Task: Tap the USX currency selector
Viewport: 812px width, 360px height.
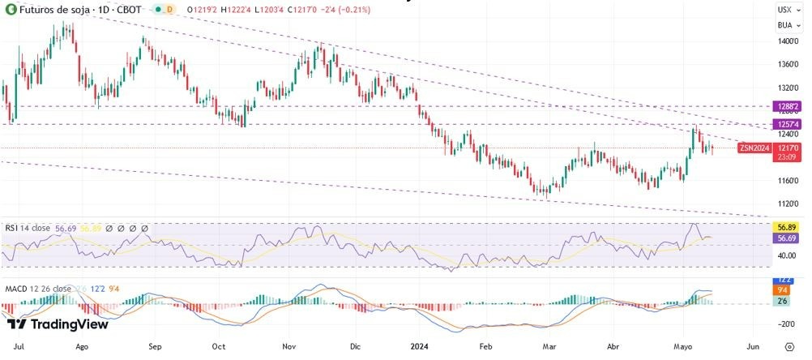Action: tap(784, 10)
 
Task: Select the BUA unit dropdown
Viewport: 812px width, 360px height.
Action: tap(784, 24)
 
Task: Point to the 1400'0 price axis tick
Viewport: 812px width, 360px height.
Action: tap(788, 41)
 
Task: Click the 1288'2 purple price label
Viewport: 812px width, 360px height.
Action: tap(788, 106)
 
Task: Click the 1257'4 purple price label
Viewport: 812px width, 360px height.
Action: tap(788, 123)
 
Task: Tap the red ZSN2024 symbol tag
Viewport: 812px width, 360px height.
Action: tap(755, 148)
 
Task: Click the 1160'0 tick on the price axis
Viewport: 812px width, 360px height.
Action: tap(788, 180)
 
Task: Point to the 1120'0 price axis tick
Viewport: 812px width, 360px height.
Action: tap(788, 204)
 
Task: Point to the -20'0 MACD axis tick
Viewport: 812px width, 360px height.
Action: tap(786, 324)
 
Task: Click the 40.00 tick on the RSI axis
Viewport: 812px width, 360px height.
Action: tap(786, 255)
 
